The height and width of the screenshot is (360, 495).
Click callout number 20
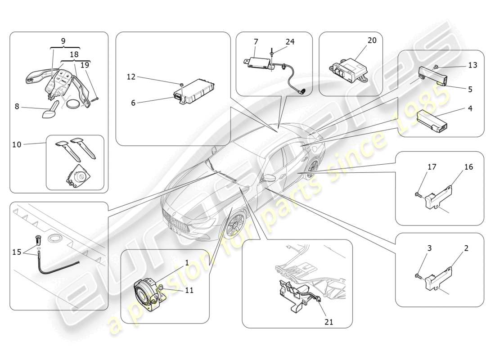[x=372, y=40]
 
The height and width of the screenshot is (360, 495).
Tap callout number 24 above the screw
[x=290, y=42]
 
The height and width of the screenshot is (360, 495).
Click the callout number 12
[x=131, y=77]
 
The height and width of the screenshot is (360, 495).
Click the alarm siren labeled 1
[x=146, y=292]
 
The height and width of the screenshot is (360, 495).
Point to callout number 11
[x=189, y=290]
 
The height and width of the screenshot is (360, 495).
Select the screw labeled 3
[x=417, y=275]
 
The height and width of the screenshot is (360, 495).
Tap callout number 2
[x=466, y=248]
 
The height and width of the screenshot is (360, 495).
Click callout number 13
[x=472, y=65]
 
